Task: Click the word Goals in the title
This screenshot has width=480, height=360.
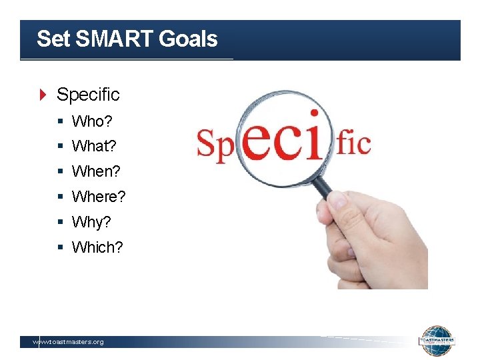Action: pyautogui.click(x=189, y=39)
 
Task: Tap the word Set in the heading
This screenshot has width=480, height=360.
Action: pyautogui.click(x=53, y=39)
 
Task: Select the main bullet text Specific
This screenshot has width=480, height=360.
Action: pyautogui.click(x=88, y=95)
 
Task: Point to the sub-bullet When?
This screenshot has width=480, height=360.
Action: pyautogui.click(x=96, y=171)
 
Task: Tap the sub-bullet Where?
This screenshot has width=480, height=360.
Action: pyautogui.click(x=99, y=197)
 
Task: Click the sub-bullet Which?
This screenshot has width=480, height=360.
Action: pyautogui.click(x=97, y=247)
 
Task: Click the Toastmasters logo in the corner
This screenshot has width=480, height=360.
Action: pyautogui.click(x=437, y=341)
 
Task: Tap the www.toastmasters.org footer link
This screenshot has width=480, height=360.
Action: pyautogui.click(x=69, y=342)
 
